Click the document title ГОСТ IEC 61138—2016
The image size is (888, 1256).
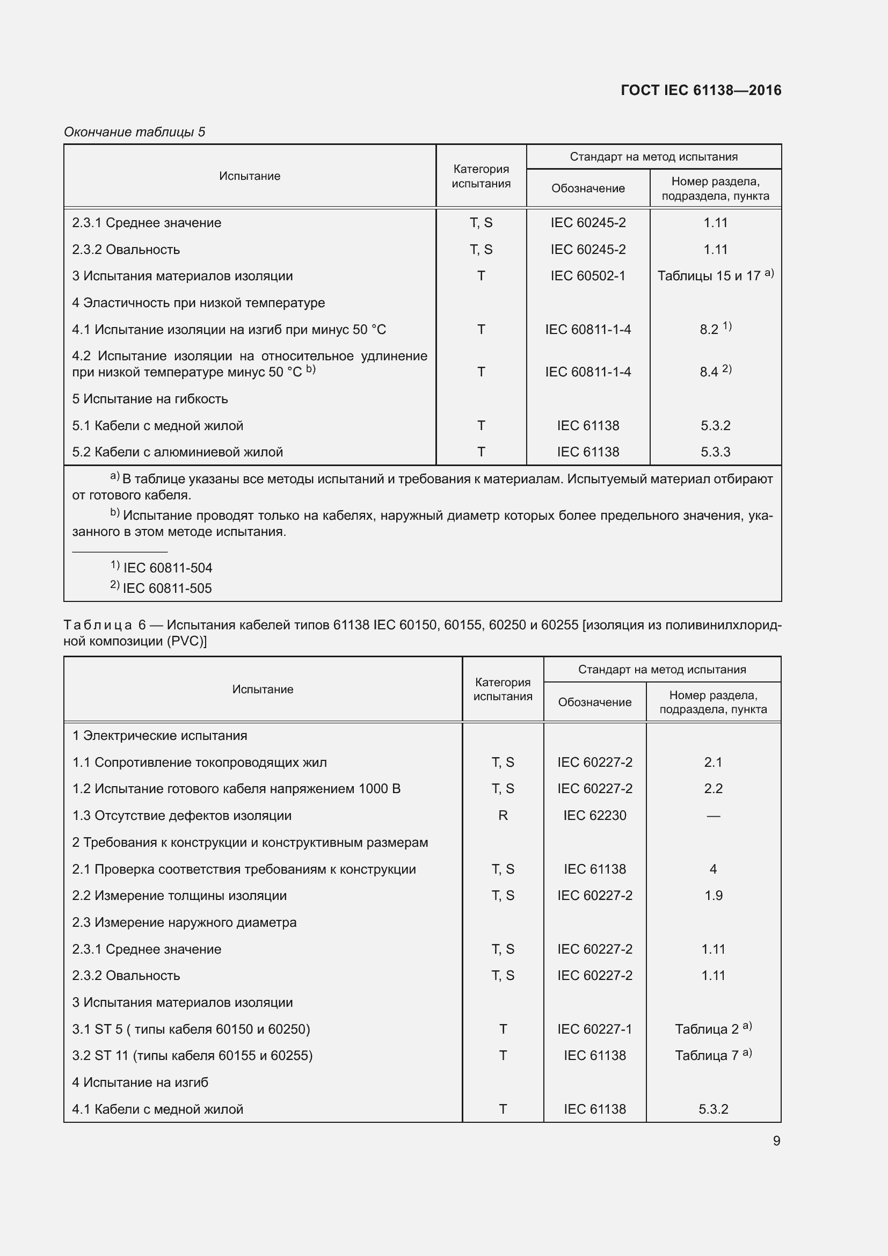(701, 90)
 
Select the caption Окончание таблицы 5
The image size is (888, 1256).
(135, 132)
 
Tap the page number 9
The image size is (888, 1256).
(776, 1141)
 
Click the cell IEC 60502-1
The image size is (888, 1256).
(588, 275)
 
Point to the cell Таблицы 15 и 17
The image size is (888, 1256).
(709, 275)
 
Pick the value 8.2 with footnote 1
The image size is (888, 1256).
(710, 329)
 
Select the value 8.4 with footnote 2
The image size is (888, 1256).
(709, 372)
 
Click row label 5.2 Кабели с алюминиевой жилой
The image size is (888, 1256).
(177, 452)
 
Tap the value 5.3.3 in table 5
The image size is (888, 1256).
(715, 452)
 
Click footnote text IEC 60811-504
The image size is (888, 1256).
(168, 568)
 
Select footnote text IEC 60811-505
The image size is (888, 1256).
(168, 588)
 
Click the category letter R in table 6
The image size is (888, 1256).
(503, 816)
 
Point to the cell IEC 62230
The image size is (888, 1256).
(594, 816)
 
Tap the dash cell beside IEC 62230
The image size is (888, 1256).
(713, 816)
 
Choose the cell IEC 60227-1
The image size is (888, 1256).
(594, 1029)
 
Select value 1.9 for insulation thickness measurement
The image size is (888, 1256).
(713, 896)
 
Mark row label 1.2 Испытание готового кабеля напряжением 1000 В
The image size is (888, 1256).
(236, 789)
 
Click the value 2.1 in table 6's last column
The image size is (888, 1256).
(713, 762)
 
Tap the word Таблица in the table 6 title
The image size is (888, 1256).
(98, 625)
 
